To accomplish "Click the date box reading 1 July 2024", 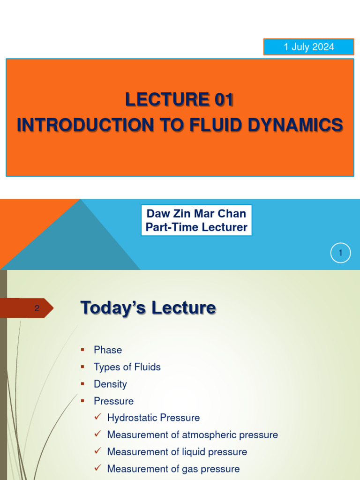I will click(x=308, y=47).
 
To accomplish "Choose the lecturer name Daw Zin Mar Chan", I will click(x=196, y=214).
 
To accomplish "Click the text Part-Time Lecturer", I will click(x=196, y=227).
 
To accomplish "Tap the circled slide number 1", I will click(x=340, y=254).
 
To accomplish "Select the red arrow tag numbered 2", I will click(x=35, y=308).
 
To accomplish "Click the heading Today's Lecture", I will click(x=148, y=308).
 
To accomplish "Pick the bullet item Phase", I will click(x=108, y=350).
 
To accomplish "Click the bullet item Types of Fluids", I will click(x=127, y=367).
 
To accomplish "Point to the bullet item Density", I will click(x=110, y=384).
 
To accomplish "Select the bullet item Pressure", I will click(x=113, y=401).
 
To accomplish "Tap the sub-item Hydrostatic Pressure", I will click(x=153, y=418).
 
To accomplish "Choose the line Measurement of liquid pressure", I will click(x=177, y=452).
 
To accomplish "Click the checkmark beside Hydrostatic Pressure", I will click(x=97, y=417).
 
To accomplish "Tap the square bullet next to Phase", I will click(x=82, y=350).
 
